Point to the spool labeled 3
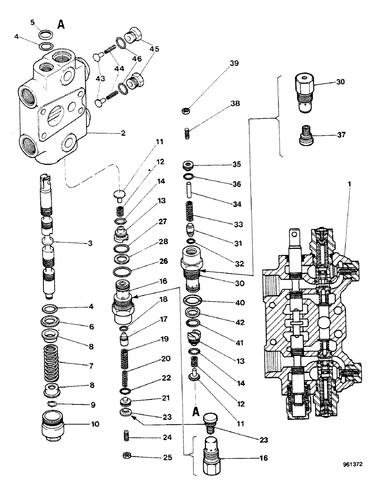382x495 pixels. click(48, 238)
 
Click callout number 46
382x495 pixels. click(136, 58)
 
